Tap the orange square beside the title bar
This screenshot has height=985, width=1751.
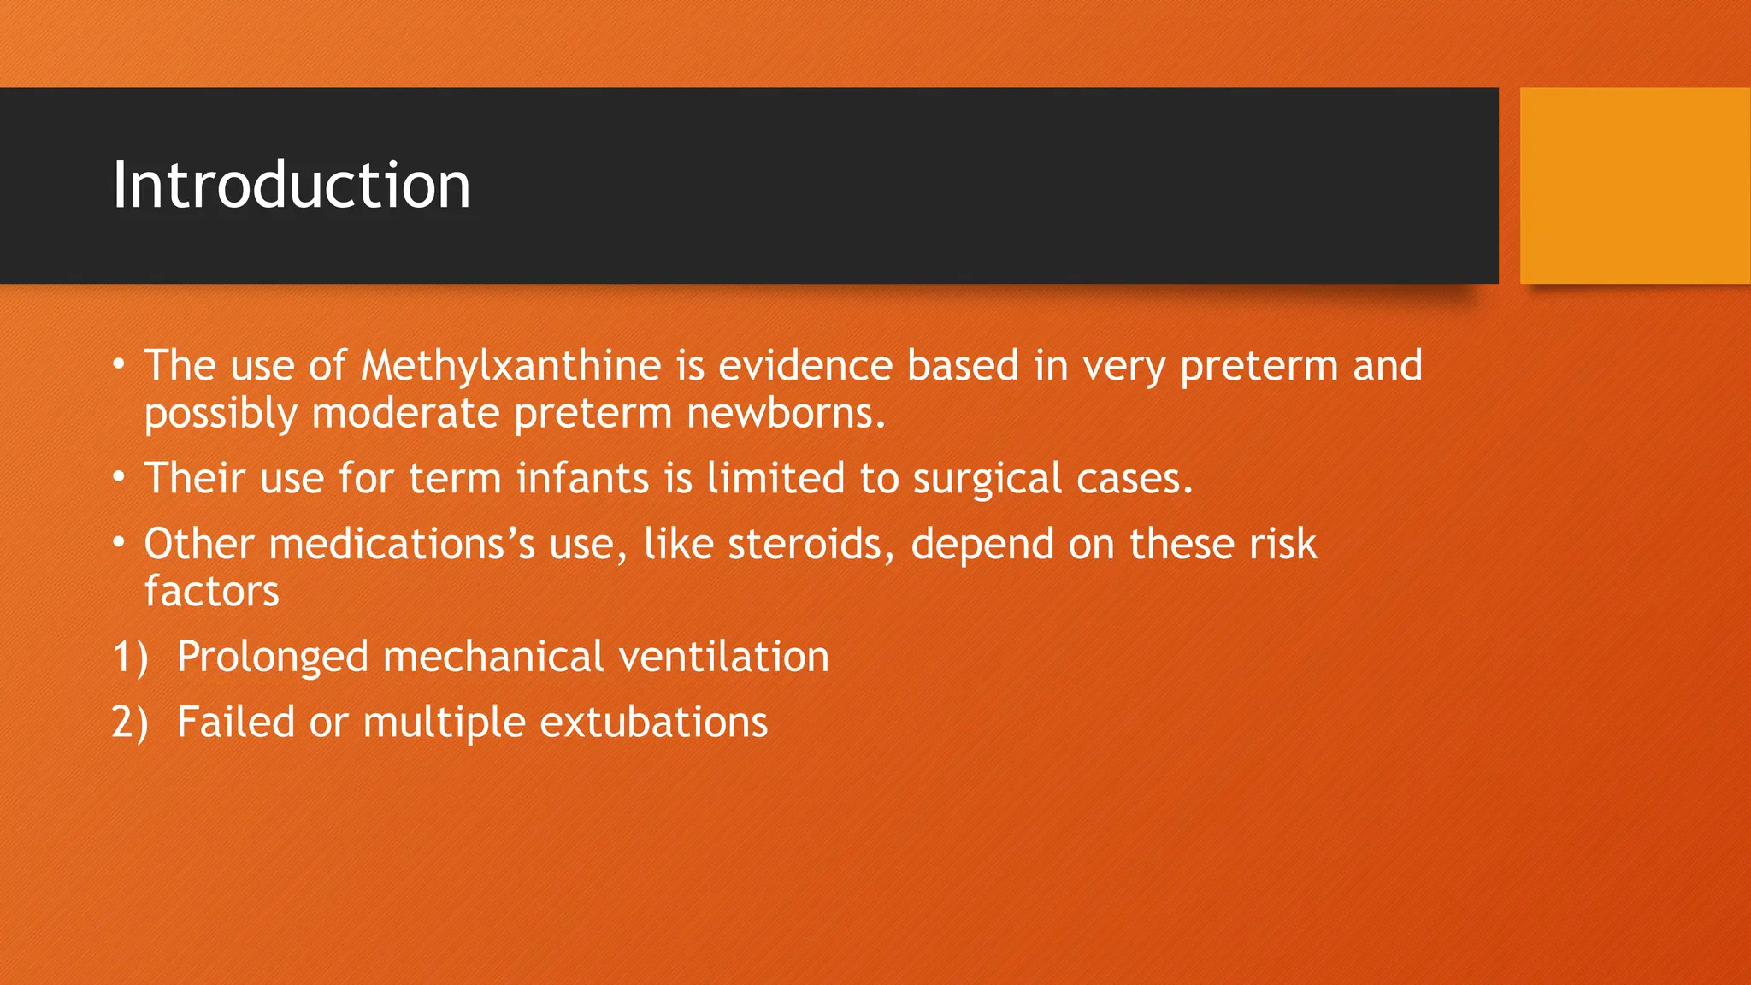point(1635,186)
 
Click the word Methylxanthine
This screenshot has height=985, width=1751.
point(510,366)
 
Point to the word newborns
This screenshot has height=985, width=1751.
point(785,414)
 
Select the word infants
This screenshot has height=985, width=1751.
point(582,478)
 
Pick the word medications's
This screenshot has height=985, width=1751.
point(402,545)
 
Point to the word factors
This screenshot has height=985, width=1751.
point(211,592)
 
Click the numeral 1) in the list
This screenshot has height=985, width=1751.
point(130,658)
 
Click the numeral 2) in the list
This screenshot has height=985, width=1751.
point(130,723)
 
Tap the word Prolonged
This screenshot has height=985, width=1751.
point(272,658)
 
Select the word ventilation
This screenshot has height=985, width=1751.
point(723,657)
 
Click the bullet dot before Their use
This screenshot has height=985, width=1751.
point(120,476)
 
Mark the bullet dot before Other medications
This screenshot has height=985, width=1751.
point(120,542)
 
